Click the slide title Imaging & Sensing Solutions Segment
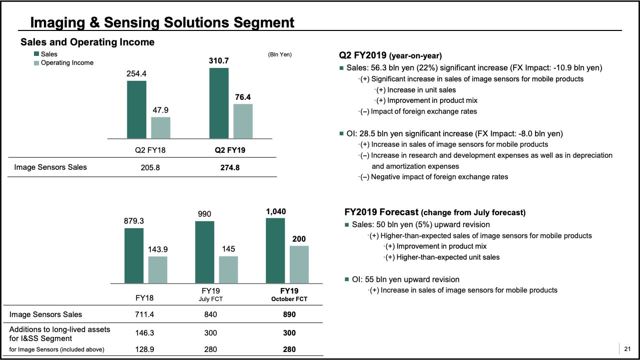[162, 22]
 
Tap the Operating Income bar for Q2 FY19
[243, 121]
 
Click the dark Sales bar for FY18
[134, 255]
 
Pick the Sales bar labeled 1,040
[275, 250]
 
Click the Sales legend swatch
[37, 54]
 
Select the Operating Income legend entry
[67, 63]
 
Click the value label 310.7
[218, 61]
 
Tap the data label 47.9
[161, 110]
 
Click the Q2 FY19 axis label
[231, 150]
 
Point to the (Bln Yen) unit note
[280, 54]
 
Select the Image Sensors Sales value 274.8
[230, 168]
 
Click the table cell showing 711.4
[144, 315]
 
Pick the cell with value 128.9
[144, 350]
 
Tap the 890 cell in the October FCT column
[289, 315]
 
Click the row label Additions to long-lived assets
[60, 330]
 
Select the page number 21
[628, 349]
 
